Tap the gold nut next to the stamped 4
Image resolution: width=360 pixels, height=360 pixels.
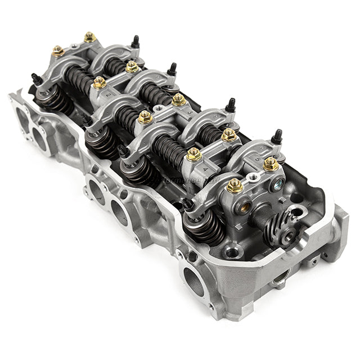click(x=193, y=154)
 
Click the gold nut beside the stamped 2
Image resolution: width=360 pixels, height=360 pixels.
click(x=100, y=83)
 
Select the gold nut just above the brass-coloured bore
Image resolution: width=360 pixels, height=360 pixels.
click(x=235, y=185)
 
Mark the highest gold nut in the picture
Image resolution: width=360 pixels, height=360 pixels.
click(x=89, y=38)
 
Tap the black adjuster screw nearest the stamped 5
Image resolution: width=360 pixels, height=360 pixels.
click(x=276, y=136)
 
